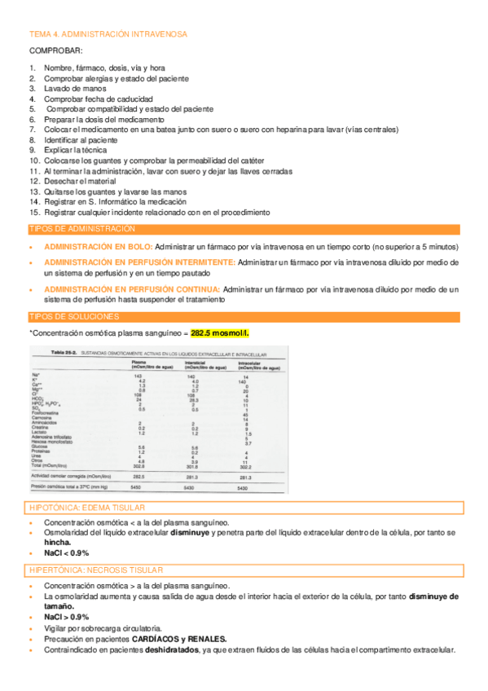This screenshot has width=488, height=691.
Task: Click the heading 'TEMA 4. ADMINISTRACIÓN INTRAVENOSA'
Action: pyautogui.click(x=108, y=34)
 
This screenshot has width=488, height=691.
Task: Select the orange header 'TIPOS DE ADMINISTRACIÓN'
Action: pyautogui.click(x=82, y=230)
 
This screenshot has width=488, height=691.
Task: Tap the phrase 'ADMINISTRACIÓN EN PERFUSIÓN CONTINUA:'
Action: pyautogui.click(x=132, y=288)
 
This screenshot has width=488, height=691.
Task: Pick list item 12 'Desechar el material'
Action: pyautogui.click(x=80, y=182)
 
